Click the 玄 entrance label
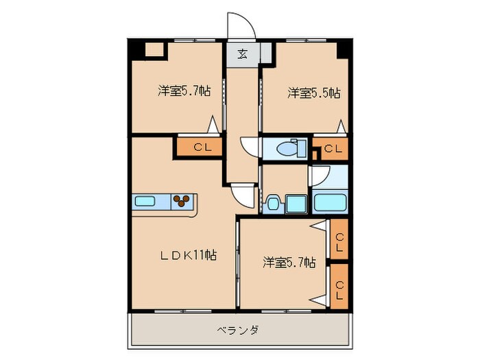[243, 54]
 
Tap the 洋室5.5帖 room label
[314, 92]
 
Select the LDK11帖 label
[189, 256]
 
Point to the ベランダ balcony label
[238, 330]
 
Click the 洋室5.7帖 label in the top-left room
[184, 92]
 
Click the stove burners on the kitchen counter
[182, 201]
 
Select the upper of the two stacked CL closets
[339, 241]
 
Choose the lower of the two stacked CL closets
[339, 287]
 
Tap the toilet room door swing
[248, 147]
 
